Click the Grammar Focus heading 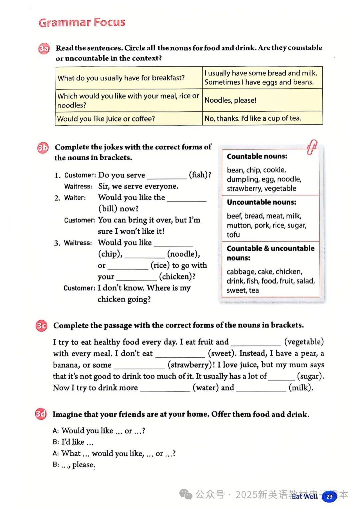[82, 22]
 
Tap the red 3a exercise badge [44, 49]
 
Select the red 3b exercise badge [43, 148]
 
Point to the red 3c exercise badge [41, 326]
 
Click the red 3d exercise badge [41, 414]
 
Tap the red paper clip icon [312, 147]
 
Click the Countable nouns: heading [257, 156]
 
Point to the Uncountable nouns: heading [261, 202]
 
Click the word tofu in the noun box [233, 234]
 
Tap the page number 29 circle [329, 496]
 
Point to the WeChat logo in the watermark [186, 494]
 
